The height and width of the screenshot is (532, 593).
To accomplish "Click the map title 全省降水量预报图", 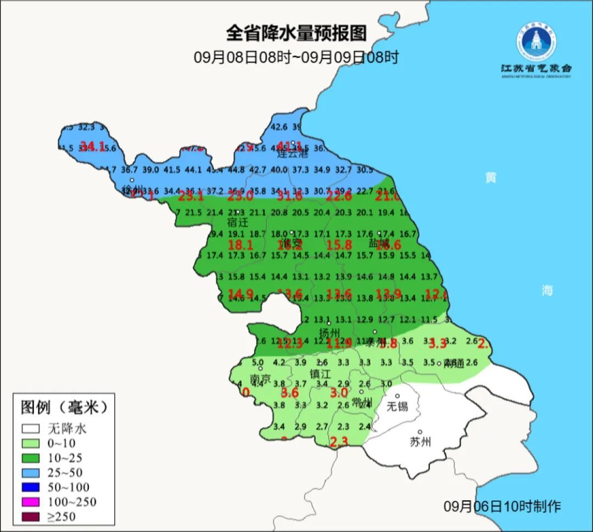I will [296, 33].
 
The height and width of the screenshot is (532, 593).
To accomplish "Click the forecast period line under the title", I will [296, 57].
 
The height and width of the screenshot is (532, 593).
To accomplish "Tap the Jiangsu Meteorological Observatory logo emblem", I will [535, 42].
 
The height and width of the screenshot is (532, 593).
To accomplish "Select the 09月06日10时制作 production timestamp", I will [502, 506].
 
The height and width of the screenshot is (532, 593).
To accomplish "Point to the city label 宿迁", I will [238, 222].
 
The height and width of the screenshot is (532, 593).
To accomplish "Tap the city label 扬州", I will [330, 333].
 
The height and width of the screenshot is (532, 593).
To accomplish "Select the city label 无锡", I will [398, 406].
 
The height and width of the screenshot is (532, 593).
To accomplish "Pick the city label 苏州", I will [421, 441].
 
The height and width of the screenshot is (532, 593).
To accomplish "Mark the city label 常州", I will [362, 402].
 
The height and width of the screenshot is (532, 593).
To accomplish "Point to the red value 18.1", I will [240, 245].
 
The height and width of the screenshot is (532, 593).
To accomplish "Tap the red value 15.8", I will [339, 245].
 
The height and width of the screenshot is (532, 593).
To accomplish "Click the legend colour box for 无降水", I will [31, 428].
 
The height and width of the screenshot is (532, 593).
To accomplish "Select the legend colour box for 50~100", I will [31, 487].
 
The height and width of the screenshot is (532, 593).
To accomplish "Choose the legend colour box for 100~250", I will [31, 502].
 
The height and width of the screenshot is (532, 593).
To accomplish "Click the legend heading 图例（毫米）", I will [64, 407].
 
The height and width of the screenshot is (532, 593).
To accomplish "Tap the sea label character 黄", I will [490, 177].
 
